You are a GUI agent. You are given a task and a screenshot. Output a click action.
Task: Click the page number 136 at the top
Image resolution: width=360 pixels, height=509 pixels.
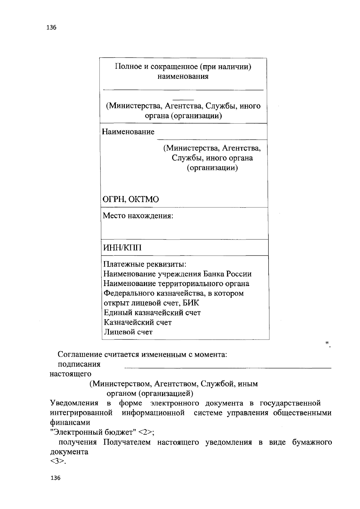[52, 28]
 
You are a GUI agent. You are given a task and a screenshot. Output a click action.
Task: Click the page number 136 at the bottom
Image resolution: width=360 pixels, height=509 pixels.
[55, 478]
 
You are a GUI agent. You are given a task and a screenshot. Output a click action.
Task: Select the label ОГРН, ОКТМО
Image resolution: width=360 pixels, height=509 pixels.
[131, 199]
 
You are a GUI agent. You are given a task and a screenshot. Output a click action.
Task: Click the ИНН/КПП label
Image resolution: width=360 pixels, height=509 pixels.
[122, 248]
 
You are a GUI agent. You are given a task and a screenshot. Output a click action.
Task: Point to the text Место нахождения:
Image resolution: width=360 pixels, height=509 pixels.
[138, 216]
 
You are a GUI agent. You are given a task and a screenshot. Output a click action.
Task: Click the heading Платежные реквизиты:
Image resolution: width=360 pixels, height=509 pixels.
[145, 264]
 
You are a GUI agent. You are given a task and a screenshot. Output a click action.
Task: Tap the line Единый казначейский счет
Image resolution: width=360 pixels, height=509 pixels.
[152, 313]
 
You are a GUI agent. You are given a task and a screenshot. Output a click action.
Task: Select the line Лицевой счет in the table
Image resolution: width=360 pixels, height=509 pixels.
[128, 332]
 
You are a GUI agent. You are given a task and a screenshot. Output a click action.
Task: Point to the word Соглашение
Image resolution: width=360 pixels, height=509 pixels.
[80, 355]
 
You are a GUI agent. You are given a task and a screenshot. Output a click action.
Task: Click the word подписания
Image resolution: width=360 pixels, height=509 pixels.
[79, 365]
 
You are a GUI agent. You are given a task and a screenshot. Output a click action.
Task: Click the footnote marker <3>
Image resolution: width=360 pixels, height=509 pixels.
[57, 462]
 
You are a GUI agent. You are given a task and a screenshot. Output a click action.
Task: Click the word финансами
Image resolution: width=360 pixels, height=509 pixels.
[70, 422]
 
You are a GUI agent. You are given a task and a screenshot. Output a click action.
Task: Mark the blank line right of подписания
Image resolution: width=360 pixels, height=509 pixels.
[228, 368]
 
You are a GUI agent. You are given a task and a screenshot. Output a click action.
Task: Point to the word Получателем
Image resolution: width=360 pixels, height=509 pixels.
[127, 442]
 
